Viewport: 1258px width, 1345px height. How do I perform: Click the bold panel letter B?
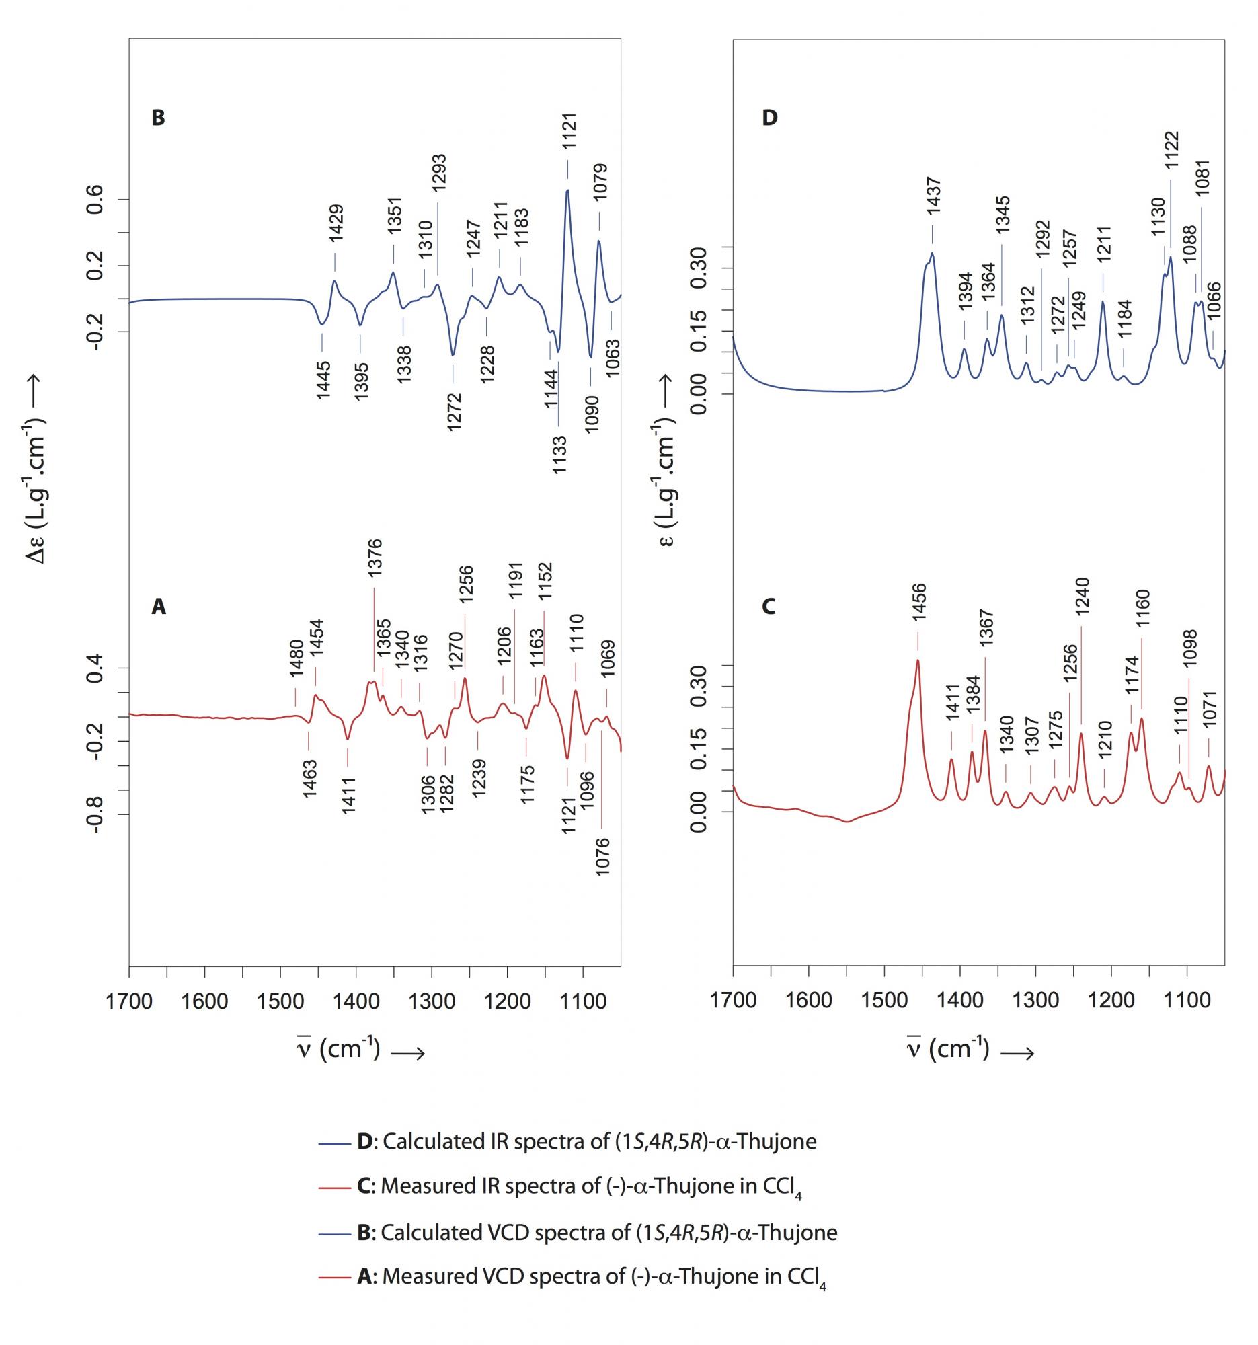[157, 118]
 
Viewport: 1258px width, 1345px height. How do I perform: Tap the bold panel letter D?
[770, 118]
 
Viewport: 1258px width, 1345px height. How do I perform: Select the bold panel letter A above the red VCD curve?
[157, 607]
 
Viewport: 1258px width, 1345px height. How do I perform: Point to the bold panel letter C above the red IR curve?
[769, 607]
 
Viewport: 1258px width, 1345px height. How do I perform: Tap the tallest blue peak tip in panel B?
[567, 190]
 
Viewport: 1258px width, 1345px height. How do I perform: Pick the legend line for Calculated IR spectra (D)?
[333, 1142]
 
